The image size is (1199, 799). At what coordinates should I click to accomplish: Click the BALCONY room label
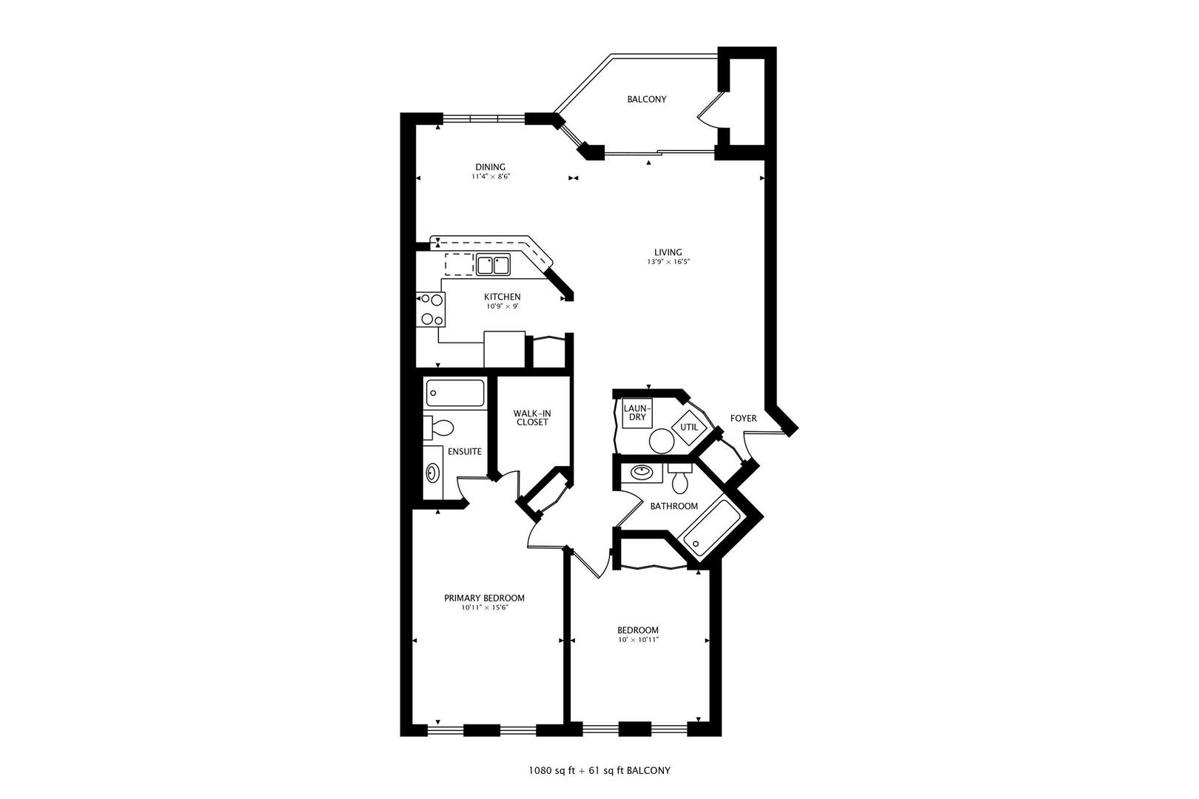coord(647,99)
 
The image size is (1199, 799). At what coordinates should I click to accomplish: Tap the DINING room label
coord(490,167)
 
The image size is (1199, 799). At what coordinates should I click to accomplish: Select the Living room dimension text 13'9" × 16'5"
coord(668,262)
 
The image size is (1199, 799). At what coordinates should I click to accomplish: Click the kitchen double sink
coord(493,264)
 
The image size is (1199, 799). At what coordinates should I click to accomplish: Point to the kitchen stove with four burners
coord(431,309)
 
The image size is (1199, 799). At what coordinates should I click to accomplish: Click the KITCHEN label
coord(503,297)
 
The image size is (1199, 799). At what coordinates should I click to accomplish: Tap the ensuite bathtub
coord(454,393)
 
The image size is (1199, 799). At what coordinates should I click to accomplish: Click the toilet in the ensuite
coord(439,428)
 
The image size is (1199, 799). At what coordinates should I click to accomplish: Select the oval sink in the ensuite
coord(433,472)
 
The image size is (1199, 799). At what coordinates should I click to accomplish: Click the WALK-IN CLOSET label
coord(532,417)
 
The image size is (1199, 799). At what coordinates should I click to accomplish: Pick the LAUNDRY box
coord(637,413)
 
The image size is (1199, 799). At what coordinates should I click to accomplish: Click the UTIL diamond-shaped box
coord(689,427)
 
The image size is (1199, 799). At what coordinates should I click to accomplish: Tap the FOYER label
coord(743,419)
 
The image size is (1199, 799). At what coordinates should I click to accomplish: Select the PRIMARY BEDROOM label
coord(484,599)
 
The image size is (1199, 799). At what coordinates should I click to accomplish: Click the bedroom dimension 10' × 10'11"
coord(638,639)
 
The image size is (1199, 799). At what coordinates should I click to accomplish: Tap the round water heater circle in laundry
coord(661,442)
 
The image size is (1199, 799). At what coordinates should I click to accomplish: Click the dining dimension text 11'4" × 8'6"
coord(491,177)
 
